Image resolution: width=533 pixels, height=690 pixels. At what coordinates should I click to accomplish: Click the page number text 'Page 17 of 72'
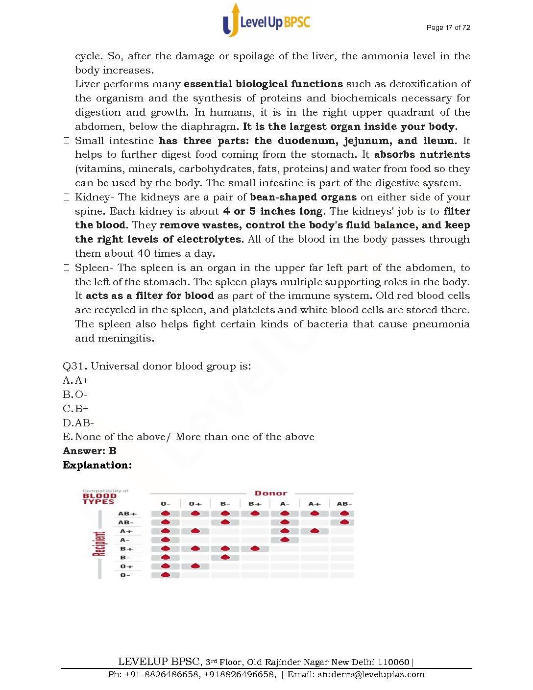point(448,27)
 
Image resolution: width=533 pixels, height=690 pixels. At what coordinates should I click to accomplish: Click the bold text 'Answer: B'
point(90,451)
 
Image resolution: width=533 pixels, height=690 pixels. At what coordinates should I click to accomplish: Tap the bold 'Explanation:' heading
point(97,465)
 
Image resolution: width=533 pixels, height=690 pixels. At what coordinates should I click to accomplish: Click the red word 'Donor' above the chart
point(271,493)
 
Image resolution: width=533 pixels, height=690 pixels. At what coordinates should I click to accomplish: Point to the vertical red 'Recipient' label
point(99,544)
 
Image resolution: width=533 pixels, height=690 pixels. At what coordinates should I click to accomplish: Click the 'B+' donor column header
point(255,504)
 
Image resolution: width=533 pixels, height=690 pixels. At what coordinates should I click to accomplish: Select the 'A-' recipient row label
point(125,540)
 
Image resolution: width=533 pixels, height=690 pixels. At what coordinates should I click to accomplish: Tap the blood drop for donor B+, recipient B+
point(255,548)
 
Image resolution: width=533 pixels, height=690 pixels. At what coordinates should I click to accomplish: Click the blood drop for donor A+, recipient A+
point(315,531)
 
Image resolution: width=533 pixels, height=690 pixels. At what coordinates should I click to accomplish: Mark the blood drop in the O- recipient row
point(166,574)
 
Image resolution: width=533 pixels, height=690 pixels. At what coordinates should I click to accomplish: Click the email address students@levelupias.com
point(371,674)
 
